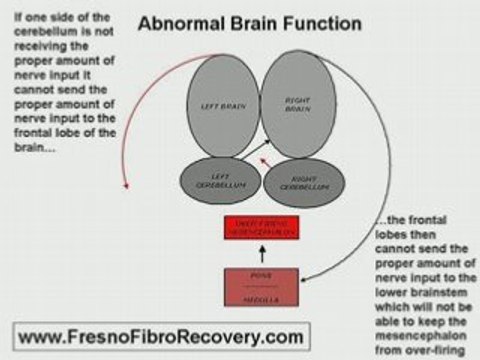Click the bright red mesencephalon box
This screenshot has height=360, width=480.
[x=262, y=228]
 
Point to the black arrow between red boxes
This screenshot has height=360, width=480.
[x=262, y=255]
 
